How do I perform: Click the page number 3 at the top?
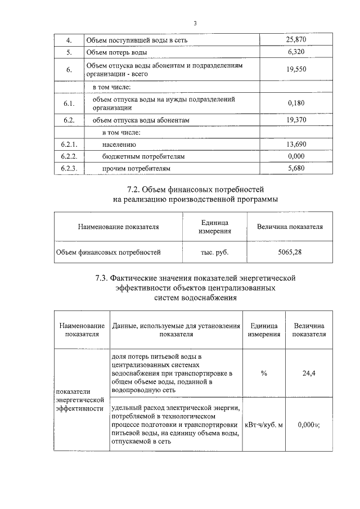click(195, 23)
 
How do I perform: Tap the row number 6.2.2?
click(69, 156)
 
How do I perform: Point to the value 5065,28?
click(290, 252)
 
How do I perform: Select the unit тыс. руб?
click(215, 252)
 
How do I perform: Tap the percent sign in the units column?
click(264, 372)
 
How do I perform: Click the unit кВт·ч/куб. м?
click(264, 424)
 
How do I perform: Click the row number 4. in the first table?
click(69, 40)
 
